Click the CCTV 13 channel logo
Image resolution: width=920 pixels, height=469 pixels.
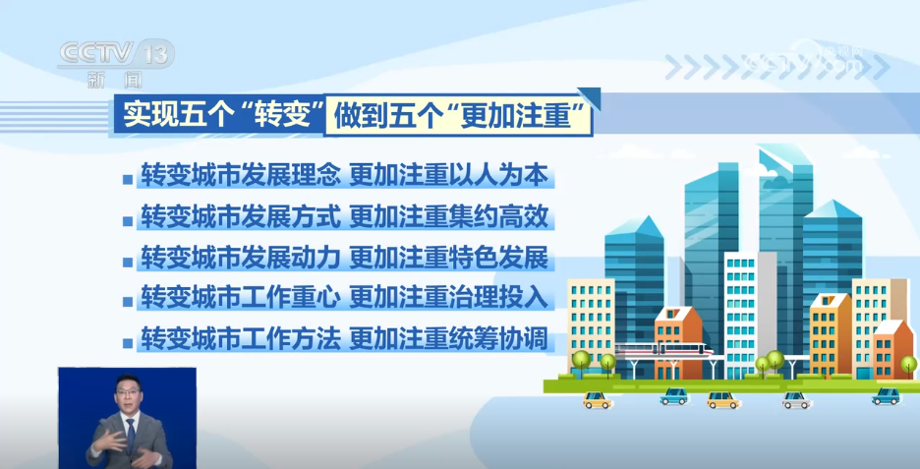tap(117, 54)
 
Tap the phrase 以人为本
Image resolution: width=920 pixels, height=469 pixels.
tap(498, 176)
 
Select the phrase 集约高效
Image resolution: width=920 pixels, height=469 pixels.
tap(498, 217)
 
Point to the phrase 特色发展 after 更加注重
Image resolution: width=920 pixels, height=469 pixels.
tap(498, 259)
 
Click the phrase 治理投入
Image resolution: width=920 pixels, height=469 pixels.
tap(498, 299)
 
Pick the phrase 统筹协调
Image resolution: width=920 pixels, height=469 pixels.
tap(498, 339)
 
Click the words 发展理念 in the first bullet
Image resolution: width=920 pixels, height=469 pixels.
tap(291, 176)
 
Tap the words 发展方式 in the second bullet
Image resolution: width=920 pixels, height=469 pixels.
tap(291, 217)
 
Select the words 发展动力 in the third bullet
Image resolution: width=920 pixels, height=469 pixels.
tap(291, 259)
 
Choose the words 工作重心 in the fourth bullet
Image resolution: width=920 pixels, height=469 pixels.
tap(291, 299)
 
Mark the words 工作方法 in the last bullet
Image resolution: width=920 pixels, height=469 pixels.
tap(291, 339)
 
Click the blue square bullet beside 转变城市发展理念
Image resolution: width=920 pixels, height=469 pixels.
tap(128, 179)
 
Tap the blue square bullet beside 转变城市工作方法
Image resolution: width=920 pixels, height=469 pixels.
tap(128, 343)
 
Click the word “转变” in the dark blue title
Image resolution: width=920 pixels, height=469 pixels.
tap(281, 114)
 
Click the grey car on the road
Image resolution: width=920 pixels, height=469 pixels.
tap(796, 400)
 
